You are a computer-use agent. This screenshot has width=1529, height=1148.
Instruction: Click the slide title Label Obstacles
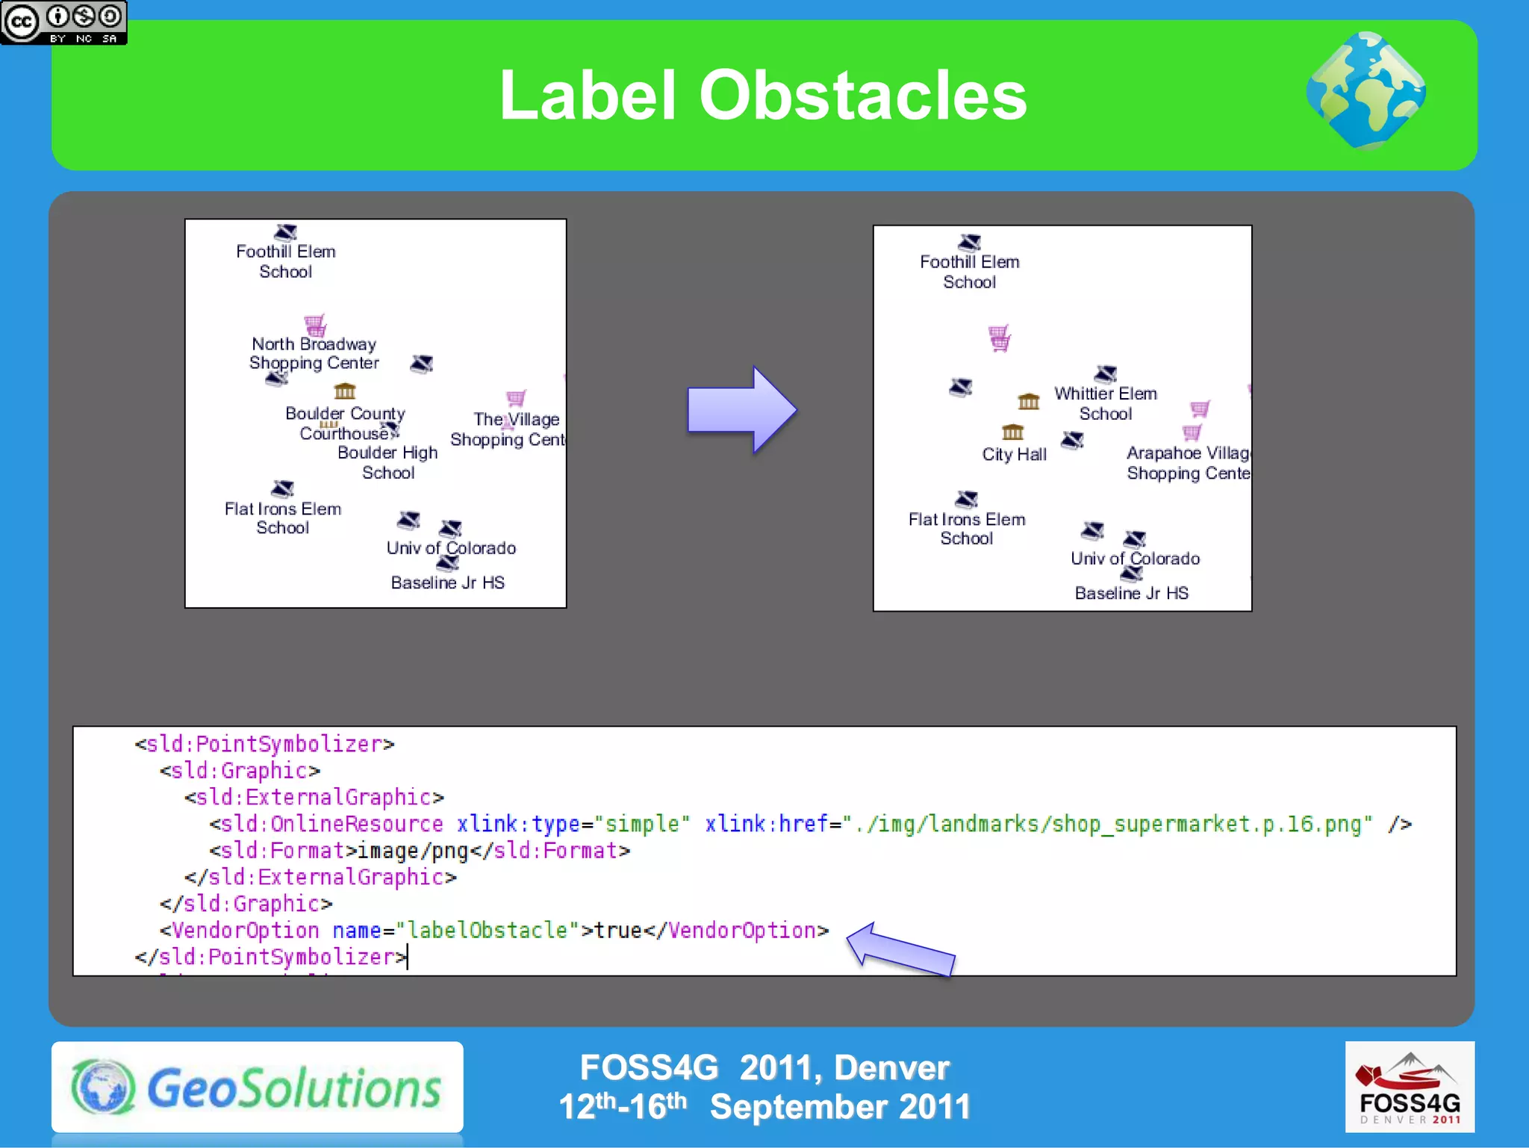click(x=762, y=96)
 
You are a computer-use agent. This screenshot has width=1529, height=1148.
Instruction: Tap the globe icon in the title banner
click(x=1365, y=91)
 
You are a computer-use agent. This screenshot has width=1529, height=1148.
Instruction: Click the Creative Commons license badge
click(x=63, y=22)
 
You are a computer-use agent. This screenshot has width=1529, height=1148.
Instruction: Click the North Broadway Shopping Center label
click(x=314, y=353)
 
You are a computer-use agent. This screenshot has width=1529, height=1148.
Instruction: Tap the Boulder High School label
click(x=387, y=462)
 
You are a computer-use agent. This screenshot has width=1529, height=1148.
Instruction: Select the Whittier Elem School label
click(x=1105, y=403)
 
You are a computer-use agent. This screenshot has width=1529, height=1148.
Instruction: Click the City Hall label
click(x=1014, y=454)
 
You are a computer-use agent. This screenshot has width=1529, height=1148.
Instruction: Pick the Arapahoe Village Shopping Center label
click(x=1187, y=463)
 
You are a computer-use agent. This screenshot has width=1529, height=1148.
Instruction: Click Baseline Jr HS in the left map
click(x=448, y=583)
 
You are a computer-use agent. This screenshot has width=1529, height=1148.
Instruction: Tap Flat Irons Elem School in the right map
click(x=967, y=529)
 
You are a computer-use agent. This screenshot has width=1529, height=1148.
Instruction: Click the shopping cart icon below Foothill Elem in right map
click(x=999, y=338)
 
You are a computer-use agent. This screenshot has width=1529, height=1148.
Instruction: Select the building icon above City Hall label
click(x=1012, y=432)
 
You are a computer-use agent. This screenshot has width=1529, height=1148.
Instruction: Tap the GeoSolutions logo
click(x=258, y=1088)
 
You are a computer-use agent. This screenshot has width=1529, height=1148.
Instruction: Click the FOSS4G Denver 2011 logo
click(x=1409, y=1087)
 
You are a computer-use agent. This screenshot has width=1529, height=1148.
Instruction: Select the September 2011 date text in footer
click(x=840, y=1107)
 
